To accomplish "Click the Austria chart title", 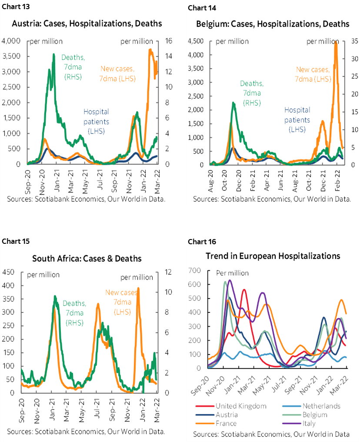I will coord(87,23).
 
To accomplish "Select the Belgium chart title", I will coord(273,23).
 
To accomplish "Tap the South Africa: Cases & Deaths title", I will coord(87,259).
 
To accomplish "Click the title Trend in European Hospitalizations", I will coord(273,256).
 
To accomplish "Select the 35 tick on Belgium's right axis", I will coord(354,41).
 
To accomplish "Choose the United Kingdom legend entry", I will coord(240,406).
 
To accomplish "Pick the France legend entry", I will coord(226,423).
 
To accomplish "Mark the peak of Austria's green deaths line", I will coord(53,54).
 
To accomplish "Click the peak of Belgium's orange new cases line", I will coord(335,42).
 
